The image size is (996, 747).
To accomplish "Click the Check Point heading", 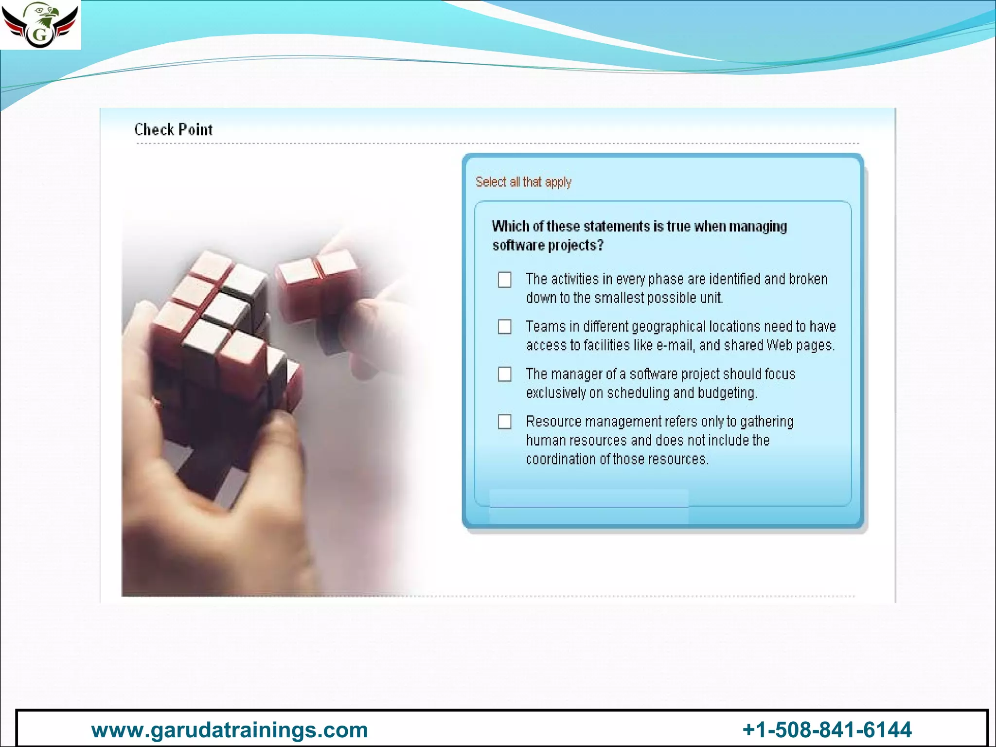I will (x=173, y=130).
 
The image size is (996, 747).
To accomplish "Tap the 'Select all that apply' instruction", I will (x=523, y=182).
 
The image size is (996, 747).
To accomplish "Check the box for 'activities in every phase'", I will (x=505, y=280).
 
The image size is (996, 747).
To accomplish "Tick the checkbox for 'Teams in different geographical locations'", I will (x=505, y=327).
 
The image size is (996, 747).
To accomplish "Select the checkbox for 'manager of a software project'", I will (x=505, y=374).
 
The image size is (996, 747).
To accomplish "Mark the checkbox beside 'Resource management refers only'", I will (x=505, y=422).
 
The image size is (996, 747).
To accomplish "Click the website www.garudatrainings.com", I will (x=230, y=730).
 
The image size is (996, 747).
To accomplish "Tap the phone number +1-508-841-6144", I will (x=827, y=730).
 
